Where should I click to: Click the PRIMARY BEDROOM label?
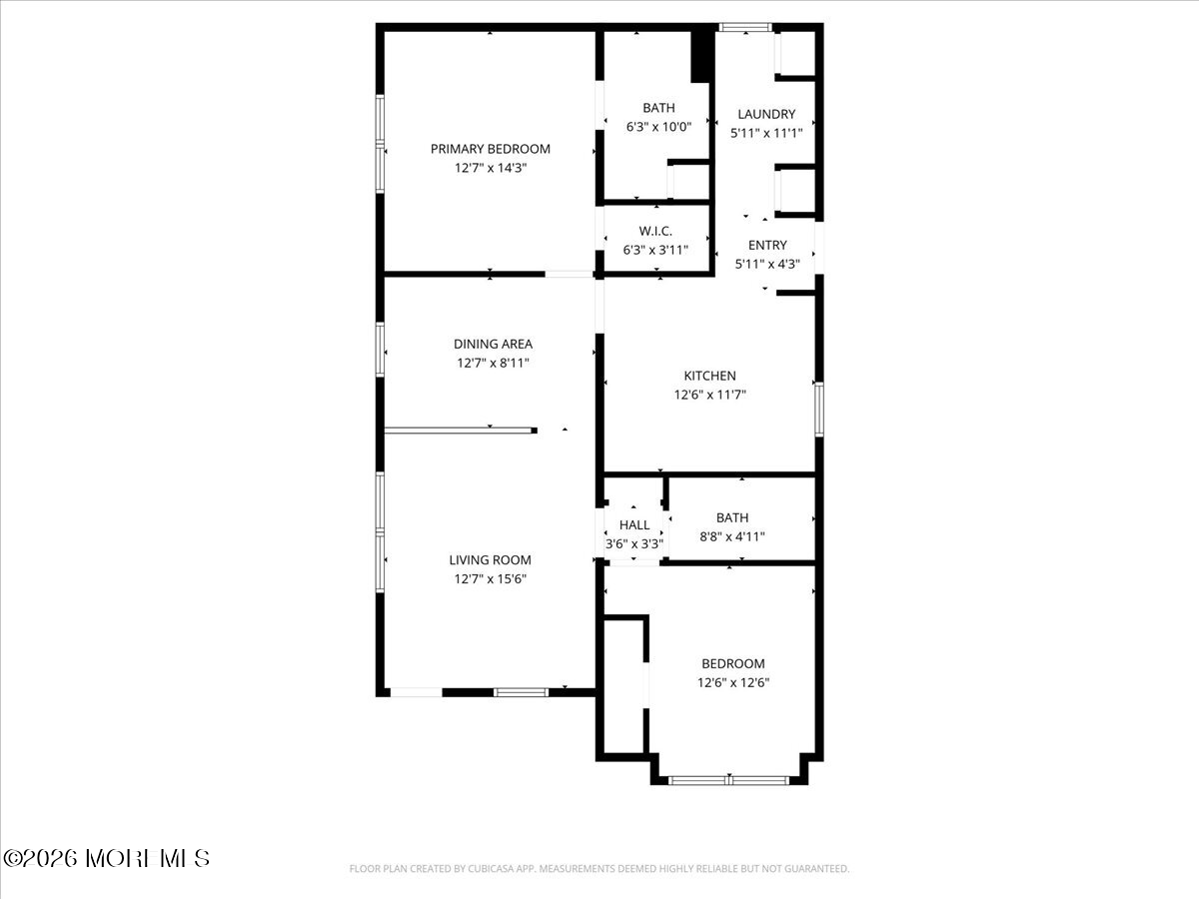(x=490, y=149)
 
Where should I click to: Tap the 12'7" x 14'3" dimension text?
(x=490, y=168)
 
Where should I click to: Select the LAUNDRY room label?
(x=766, y=114)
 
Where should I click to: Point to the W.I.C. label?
(x=655, y=231)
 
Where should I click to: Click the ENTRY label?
(x=767, y=245)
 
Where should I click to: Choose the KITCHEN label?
(x=709, y=376)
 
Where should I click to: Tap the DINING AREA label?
(x=493, y=344)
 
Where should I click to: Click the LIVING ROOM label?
(x=490, y=559)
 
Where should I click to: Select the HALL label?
(x=634, y=525)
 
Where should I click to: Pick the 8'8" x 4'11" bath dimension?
(x=732, y=536)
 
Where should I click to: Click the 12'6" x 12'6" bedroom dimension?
(x=733, y=682)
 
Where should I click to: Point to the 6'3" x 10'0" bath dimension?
(x=658, y=127)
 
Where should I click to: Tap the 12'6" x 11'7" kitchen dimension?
(x=709, y=395)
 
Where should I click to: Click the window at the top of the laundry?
(x=745, y=27)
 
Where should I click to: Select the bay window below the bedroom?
(x=728, y=780)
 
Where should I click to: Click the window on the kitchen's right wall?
(x=818, y=410)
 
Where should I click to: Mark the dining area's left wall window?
(x=380, y=350)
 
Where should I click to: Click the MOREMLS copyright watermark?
(x=106, y=859)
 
